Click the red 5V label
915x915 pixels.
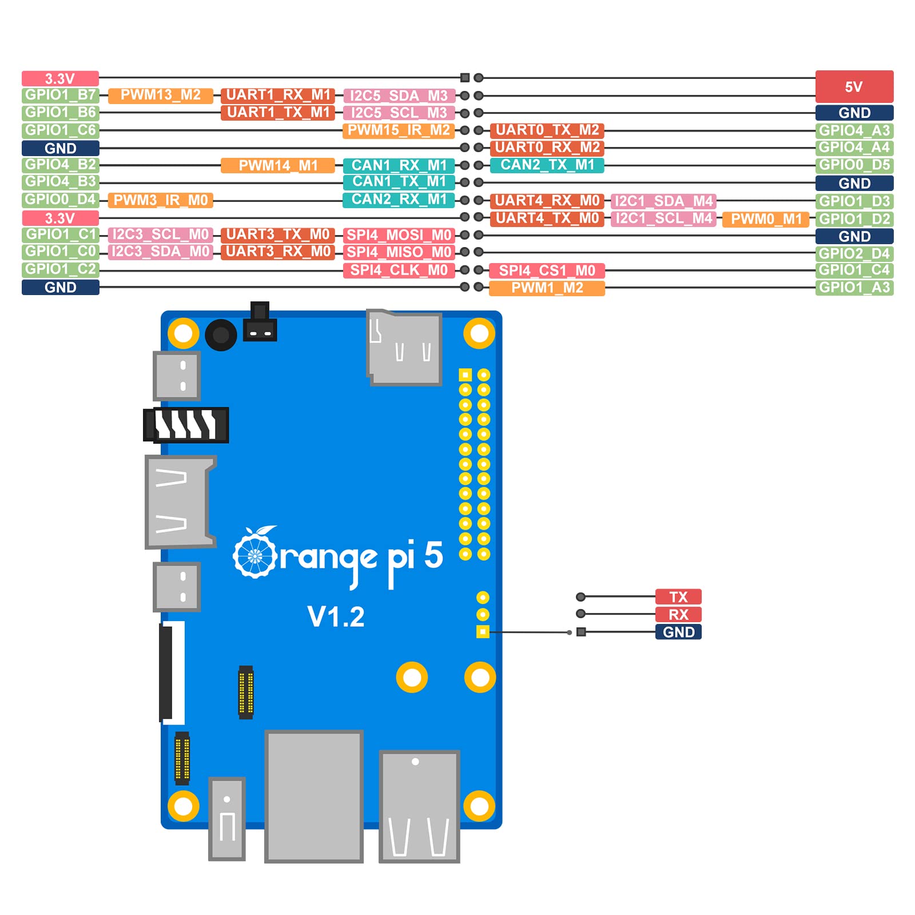click(x=854, y=86)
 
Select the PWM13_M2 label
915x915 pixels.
click(x=160, y=95)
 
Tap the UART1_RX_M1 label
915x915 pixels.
click(x=278, y=95)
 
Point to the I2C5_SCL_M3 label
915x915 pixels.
click(x=399, y=113)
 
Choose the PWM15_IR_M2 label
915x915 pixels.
click(x=399, y=130)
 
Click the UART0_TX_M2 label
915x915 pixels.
click(x=547, y=130)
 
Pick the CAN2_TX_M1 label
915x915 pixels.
click(x=547, y=165)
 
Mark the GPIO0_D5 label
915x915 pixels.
click(x=854, y=165)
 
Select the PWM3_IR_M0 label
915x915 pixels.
click(x=160, y=200)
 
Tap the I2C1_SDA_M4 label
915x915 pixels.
click(x=663, y=201)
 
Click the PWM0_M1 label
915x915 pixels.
click(x=766, y=219)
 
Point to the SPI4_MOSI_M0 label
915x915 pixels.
click(x=399, y=235)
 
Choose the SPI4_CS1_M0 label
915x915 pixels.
click(x=547, y=270)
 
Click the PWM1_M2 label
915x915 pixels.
click(x=547, y=288)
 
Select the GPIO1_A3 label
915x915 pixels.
click(x=854, y=287)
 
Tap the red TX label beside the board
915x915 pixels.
click(x=678, y=597)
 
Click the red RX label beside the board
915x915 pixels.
click(x=678, y=615)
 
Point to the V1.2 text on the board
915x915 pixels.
click(x=336, y=617)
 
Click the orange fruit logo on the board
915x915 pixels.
click(x=255, y=553)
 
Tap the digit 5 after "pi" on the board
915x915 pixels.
click(x=433, y=555)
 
